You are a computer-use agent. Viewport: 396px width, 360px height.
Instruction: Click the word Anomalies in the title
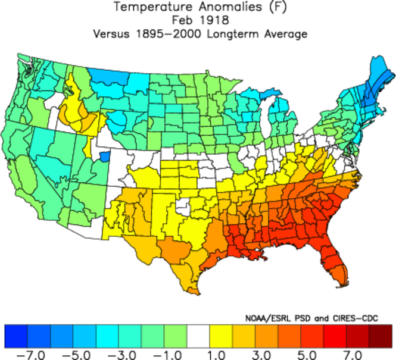(229, 8)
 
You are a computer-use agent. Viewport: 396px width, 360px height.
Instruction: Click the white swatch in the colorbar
(198, 336)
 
